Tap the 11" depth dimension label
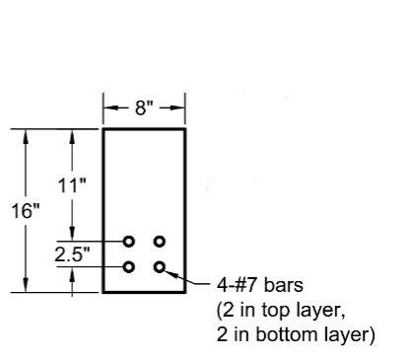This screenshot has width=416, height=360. [72, 184]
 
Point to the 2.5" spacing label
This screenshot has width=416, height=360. [72, 253]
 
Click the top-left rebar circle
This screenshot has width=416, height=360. [129, 241]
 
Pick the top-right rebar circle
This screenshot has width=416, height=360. [160, 241]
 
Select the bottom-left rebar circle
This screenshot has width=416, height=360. [129, 266]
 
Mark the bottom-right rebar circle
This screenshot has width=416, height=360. [160, 266]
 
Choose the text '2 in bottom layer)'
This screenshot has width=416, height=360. [295, 335]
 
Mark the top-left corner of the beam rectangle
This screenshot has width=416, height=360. [104, 129]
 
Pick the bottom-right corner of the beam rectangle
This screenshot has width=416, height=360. [185, 292]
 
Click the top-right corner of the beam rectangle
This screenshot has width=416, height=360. [185, 129]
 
